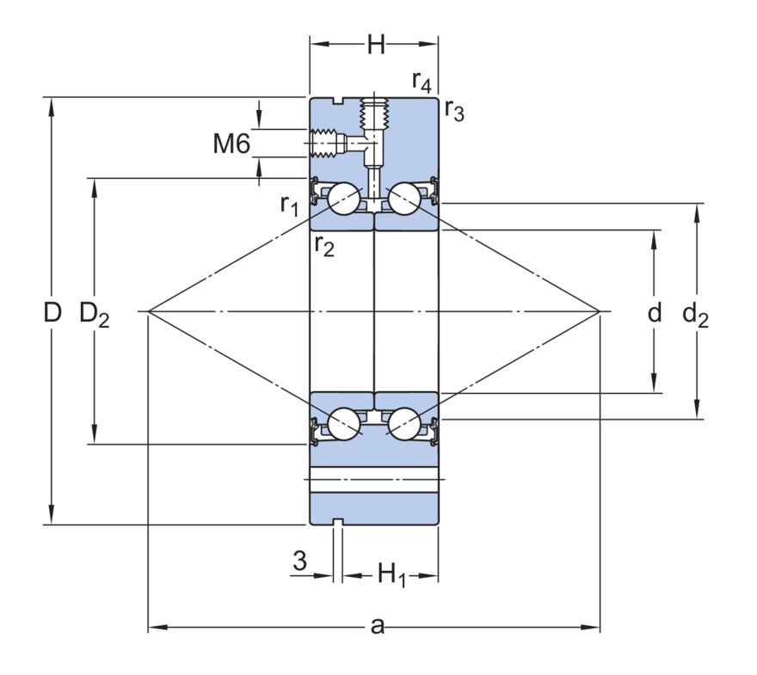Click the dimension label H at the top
coord(376,45)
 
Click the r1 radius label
coord(289,205)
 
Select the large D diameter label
coord(53,312)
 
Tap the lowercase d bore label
coord(655,312)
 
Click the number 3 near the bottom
coord(299,561)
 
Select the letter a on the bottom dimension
coord(377,626)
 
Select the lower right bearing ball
coord(403,422)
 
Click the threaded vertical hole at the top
coord(375,114)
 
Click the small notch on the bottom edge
coord(338,521)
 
